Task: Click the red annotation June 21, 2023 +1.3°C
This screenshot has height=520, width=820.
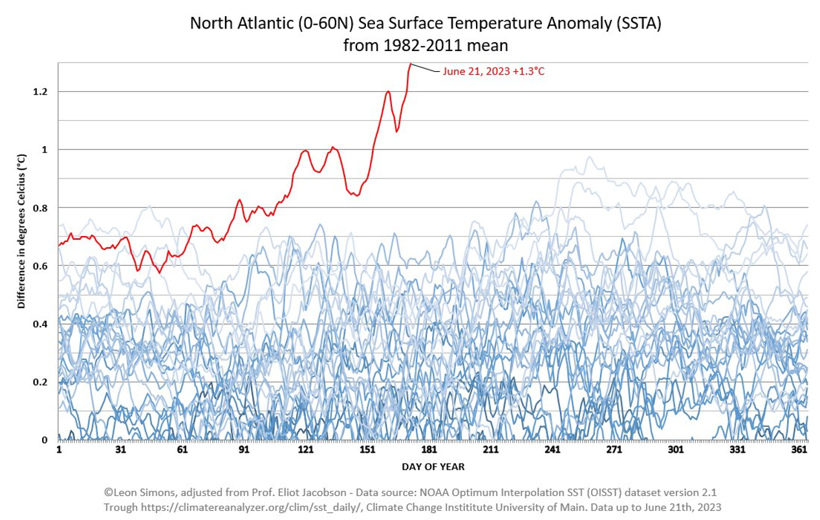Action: click(x=493, y=72)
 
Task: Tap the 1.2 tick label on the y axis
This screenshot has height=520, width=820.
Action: click(x=41, y=92)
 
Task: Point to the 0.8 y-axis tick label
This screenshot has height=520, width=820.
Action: click(x=41, y=208)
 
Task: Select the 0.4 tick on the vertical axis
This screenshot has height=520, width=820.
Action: click(x=41, y=323)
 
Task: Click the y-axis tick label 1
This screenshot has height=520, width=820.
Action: click(x=44, y=149)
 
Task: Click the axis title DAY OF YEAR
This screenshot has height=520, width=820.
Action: click(x=433, y=466)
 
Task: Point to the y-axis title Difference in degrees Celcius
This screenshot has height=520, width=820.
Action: click(x=21, y=231)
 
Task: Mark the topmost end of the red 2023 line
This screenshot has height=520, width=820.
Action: click(x=410, y=63)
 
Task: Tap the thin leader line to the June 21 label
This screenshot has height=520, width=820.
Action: click(x=425, y=68)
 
